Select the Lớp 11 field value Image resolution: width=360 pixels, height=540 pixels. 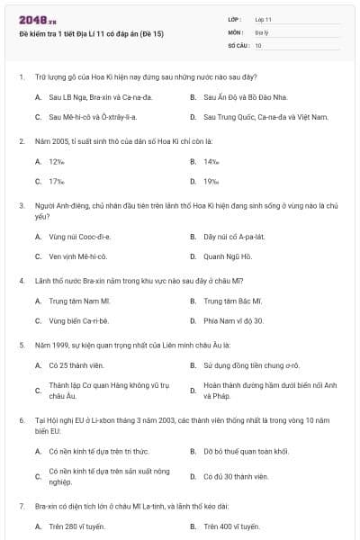click(x=264, y=18)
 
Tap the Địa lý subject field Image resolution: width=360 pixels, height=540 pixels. click(x=262, y=31)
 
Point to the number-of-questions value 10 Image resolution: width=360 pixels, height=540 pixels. click(x=258, y=44)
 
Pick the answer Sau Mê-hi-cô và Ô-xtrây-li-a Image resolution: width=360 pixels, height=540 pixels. click(x=92, y=117)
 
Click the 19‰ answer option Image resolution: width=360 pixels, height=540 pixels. click(x=211, y=182)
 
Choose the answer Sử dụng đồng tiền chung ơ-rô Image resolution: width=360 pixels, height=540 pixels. click(x=245, y=365)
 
